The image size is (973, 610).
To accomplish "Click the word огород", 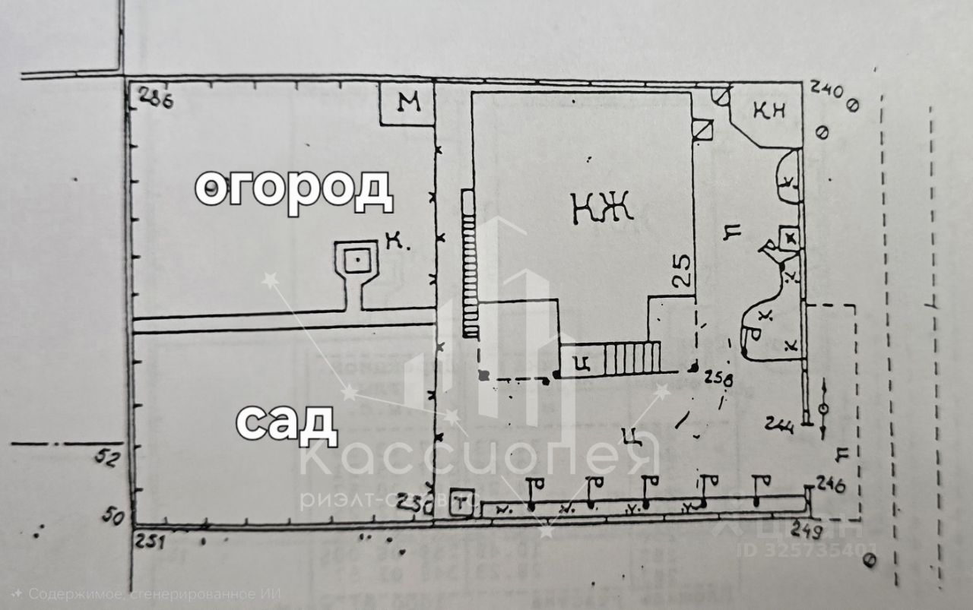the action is click(x=293, y=189).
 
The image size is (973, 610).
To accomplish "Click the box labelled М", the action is click(x=408, y=105).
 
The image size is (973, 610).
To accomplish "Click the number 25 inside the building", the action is click(x=683, y=270).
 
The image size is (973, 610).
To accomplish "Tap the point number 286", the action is click(x=154, y=99).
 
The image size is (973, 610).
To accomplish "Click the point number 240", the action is click(x=828, y=91).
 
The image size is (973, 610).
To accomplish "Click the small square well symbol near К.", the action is click(x=356, y=261).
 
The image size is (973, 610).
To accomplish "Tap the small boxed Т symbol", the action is click(x=461, y=502).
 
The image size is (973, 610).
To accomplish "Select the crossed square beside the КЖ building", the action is click(x=703, y=129).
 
